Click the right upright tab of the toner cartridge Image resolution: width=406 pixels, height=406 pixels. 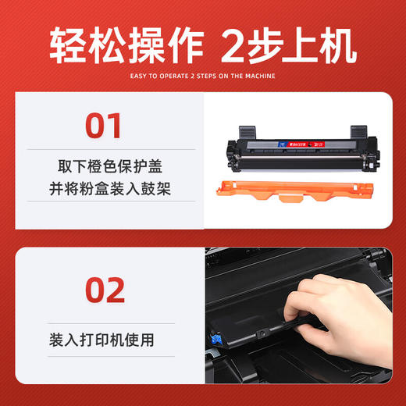tap(359, 131)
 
